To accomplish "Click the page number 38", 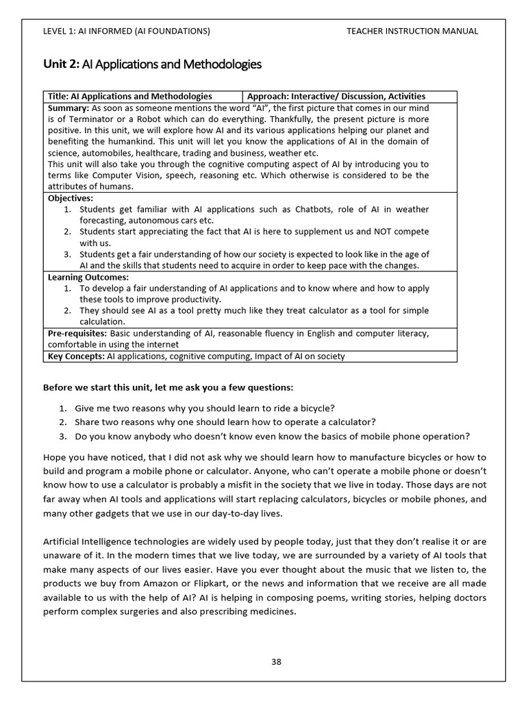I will pyautogui.click(x=276, y=662).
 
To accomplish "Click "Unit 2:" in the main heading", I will pyautogui.click(x=61, y=65).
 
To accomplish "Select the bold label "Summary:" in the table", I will pyautogui.click(x=68, y=108).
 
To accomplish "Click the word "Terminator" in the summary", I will pyautogui.click(x=82, y=119).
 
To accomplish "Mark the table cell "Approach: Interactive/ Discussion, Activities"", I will pyautogui.click(x=336, y=96).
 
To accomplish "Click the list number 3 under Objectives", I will pyautogui.click(x=68, y=254).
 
